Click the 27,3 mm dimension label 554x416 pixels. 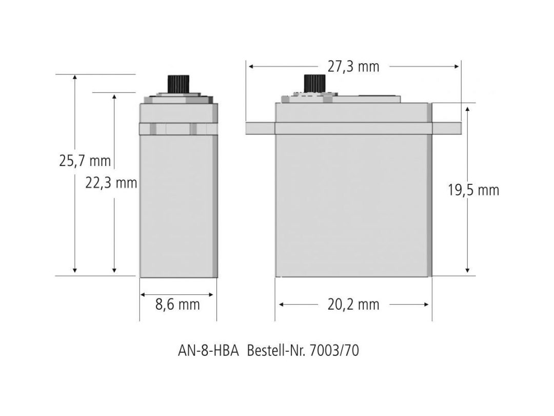coord(353,66)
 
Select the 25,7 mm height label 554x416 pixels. coord(85,161)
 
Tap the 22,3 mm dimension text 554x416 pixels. coord(111,183)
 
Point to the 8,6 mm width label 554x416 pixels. coord(177,304)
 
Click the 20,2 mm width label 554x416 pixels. coord(353,304)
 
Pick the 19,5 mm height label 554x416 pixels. coord(473,190)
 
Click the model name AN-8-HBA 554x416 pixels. coord(208,351)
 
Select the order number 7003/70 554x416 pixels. coord(334,351)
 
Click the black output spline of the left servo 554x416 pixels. coord(179,84)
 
